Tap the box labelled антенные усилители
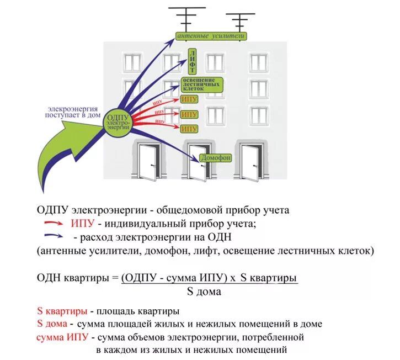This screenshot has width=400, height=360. pyautogui.click(x=210, y=36)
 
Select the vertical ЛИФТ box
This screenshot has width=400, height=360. pyautogui.click(x=192, y=61)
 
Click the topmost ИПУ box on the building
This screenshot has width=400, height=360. pyautogui.click(x=189, y=99)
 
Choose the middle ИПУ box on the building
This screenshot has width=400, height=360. pyautogui.click(x=189, y=114)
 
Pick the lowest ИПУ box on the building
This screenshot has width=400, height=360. pyautogui.click(x=189, y=129)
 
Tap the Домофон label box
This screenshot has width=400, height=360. pyautogui.click(x=215, y=158)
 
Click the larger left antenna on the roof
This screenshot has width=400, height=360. pyautogui.click(x=186, y=17)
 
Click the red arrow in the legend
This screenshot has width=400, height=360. pyautogui.click(x=54, y=224)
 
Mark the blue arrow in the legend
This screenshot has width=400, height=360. pyautogui.click(x=54, y=237)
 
